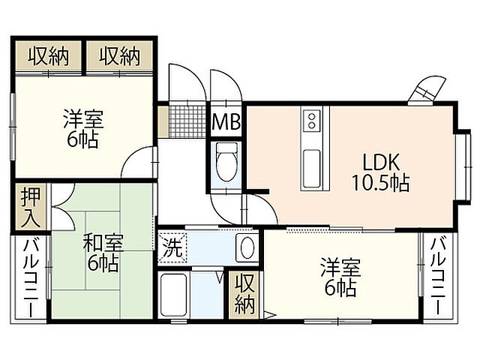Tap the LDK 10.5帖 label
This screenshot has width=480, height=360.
[x=379, y=172]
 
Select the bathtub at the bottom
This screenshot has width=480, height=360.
[x=174, y=296]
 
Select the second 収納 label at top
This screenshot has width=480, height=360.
[x=120, y=55]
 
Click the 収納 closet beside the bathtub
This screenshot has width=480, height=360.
[x=244, y=294]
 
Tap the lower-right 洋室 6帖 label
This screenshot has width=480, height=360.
[x=338, y=277]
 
